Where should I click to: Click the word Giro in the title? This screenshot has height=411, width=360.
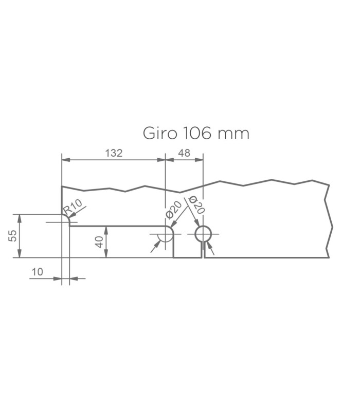[160, 133]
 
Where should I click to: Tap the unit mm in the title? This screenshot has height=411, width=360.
[233, 135]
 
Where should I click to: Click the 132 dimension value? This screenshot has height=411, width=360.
[114, 153]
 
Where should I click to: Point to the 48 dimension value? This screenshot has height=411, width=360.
[184, 153]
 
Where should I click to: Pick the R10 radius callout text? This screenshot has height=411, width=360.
[73, 207]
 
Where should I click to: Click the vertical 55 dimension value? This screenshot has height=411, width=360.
[12, 236]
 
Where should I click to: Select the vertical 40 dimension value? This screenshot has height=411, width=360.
[99, 242]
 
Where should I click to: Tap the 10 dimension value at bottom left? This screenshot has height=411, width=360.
[37, 272]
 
